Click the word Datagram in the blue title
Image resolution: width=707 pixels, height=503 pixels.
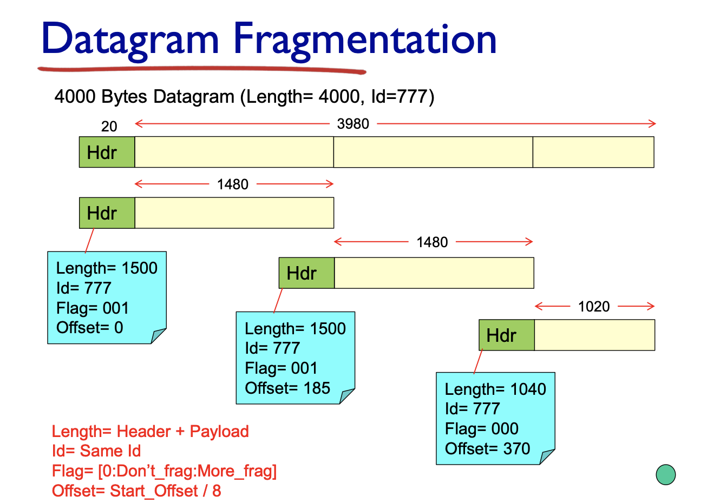130,39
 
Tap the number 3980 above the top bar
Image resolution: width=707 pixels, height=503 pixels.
353,124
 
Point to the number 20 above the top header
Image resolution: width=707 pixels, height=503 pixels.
109,127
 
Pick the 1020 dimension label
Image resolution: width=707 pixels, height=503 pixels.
594,307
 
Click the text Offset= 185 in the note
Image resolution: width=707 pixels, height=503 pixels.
287,388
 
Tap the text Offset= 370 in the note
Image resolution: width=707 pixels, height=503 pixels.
487,448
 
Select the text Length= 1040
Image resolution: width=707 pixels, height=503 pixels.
495,389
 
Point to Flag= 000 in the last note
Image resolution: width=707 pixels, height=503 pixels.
482,429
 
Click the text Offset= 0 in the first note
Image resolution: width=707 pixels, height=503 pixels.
90,327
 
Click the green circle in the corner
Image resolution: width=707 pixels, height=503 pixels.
665,474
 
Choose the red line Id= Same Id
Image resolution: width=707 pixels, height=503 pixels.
96,451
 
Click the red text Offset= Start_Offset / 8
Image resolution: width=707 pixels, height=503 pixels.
136,491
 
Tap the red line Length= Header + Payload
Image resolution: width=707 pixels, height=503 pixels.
150,432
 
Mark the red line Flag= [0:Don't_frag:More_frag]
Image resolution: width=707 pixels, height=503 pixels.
164,471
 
